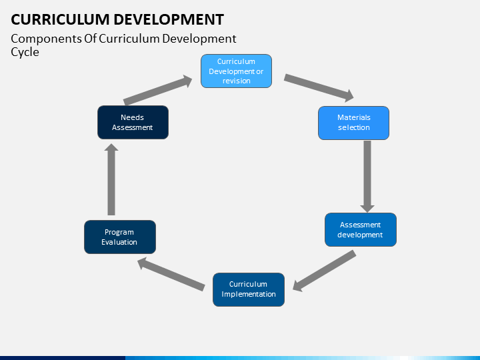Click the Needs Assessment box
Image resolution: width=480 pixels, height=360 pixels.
click(133, 123)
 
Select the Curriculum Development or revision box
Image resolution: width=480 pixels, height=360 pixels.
click(236, 71)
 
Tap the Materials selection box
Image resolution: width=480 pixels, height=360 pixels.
click(353, 123)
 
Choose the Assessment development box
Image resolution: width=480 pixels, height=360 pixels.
click(361, 229)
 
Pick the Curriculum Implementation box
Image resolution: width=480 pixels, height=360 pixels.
click(249, 289)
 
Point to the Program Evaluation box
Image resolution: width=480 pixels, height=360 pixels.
click(120, 237)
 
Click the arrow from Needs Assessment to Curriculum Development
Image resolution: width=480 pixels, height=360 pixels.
click(157, 90)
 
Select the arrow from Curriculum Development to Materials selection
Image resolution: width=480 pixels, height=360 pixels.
click(319, 87)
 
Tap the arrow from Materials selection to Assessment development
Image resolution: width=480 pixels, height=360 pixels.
click(367, 176)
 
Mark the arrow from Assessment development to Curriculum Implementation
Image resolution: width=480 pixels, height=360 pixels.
click(324, 271)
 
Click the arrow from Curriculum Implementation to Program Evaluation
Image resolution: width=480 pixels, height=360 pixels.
click(171, 274)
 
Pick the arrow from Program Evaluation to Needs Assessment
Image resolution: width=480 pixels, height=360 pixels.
click(111, 179)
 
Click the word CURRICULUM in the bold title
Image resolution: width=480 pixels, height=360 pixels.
click(60, 19)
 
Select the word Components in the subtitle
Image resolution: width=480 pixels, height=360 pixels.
click(47, 39)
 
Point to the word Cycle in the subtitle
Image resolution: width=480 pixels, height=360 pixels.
click(25, 53)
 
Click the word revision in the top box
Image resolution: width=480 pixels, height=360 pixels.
click(236, 81)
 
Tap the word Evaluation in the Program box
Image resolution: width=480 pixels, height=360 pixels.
click(119, 242)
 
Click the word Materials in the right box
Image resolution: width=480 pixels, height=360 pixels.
click(354, 117)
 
